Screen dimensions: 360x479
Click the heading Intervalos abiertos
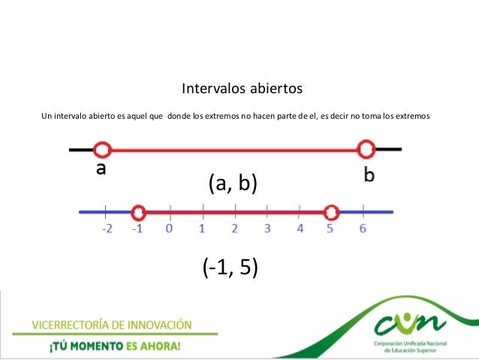pyautogui.click(x=242, y=89)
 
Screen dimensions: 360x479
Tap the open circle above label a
pyautogui.click(x=104, y=150)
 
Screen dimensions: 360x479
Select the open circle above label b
pyautogui.click(x=366, y=150)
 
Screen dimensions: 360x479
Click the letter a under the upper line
pyautogui.click(x=101, y=169)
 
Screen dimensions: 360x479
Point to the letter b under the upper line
pyautogui.click(x=369, y=174)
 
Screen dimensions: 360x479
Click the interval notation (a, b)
pyautogui.click(x=232, y=183)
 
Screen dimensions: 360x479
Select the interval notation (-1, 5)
pyautogui.click(x=230, y=267)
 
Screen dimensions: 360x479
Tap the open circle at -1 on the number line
pyautogui.click(x=138, y=213)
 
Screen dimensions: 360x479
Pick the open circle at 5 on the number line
pyautogui.click(x=331, y=213)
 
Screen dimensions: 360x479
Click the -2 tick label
pyautogui.click(x=108, y=228)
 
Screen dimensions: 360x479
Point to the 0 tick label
pyautogui.click(x=169, y=228)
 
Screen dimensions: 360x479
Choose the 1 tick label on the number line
pyautogui.click(x=202, y=228)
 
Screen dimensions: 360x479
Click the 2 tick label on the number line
pyautogui.click(x=234, y=228)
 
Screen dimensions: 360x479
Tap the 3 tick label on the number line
pyautogui.click(x=267, y=228)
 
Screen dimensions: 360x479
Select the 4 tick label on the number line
pyautogui.click(x=300, y=228)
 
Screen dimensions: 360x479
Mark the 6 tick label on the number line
pyautogui.click(x=363, y=228)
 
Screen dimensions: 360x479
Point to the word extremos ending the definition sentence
pyautogui.click(x=410, y=116)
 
